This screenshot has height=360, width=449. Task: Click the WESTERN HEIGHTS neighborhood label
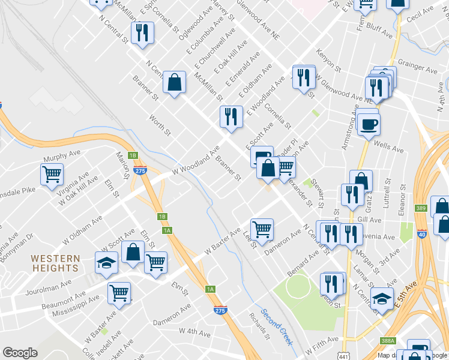click(55, 263)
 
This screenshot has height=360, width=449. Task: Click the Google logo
click(20, 353)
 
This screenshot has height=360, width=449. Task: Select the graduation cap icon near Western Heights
click(106, 263)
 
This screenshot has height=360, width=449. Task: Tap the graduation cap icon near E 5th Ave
click(382, 299)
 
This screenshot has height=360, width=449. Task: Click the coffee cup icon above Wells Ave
click(369, 124)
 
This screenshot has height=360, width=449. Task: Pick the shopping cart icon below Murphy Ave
click(52, 175)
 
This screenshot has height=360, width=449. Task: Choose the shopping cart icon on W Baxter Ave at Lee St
click(262, 229)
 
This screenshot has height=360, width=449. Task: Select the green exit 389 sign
click(420, 208)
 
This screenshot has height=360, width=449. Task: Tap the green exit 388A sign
click(388, 341)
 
